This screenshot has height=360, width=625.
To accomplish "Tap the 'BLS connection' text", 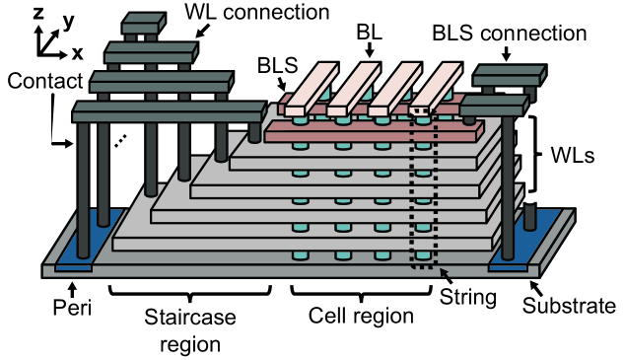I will click(x=510, y=33).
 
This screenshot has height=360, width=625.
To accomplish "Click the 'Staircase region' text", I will click(x=184, y=331).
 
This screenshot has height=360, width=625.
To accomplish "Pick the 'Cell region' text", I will click(x=360, y=318).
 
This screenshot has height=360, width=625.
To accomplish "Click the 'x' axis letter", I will click(x=77, y=49).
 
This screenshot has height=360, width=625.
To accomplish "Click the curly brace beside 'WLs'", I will click(x=536, y=155).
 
